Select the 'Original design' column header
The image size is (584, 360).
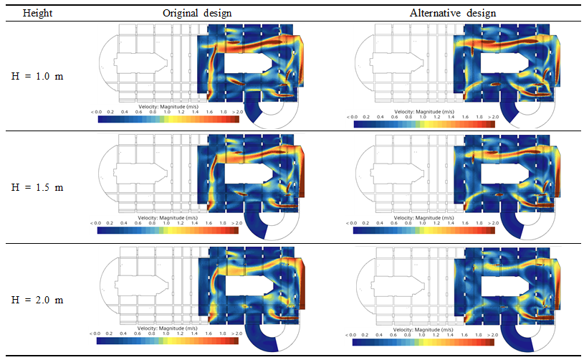point(197,12)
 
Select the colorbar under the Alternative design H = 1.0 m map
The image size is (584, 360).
point(424,124)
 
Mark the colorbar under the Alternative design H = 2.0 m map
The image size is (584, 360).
point(424,342)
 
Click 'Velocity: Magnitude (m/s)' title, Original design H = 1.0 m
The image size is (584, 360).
point(168,105)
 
